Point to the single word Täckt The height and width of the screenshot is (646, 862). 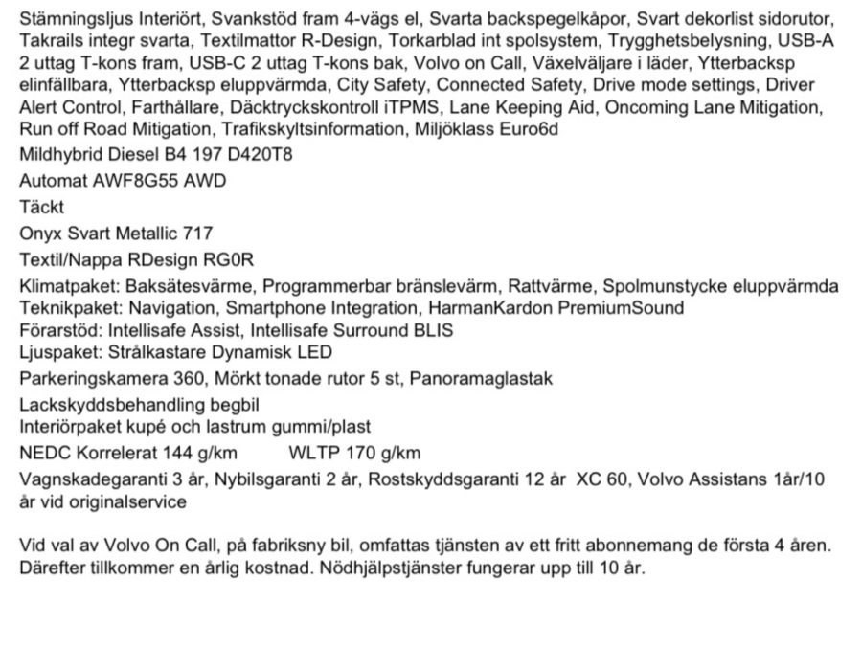42,206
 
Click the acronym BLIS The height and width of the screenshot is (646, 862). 432,330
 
